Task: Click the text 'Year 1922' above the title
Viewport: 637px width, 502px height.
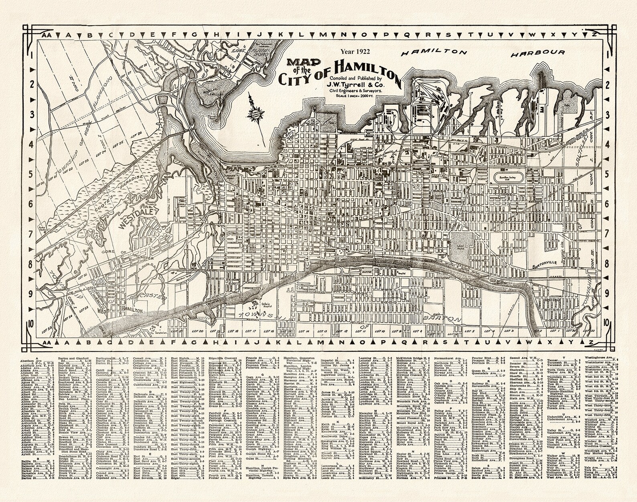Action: click(355, 51)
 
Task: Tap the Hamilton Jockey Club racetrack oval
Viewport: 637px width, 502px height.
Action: click(509, 176)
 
